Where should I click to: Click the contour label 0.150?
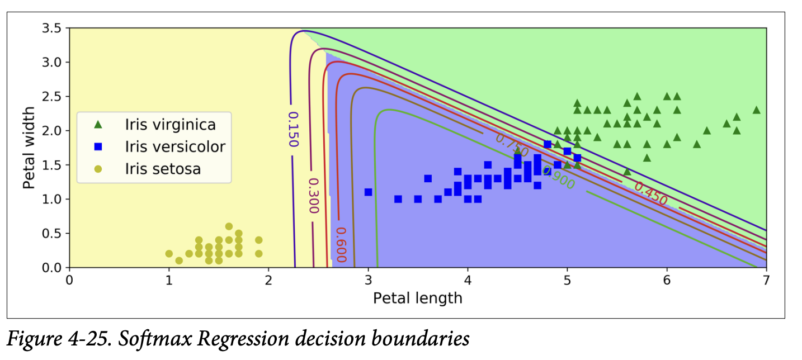293,129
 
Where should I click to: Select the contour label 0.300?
313,196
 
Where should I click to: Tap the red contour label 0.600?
341,244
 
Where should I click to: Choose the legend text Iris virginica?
170,124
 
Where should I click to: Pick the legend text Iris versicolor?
175,146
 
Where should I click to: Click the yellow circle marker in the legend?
98,169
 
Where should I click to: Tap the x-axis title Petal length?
417,297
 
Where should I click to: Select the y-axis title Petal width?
30,148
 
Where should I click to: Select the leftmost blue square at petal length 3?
368,192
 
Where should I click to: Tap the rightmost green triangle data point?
756,110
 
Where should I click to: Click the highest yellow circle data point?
229,226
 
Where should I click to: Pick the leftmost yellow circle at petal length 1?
169,254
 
